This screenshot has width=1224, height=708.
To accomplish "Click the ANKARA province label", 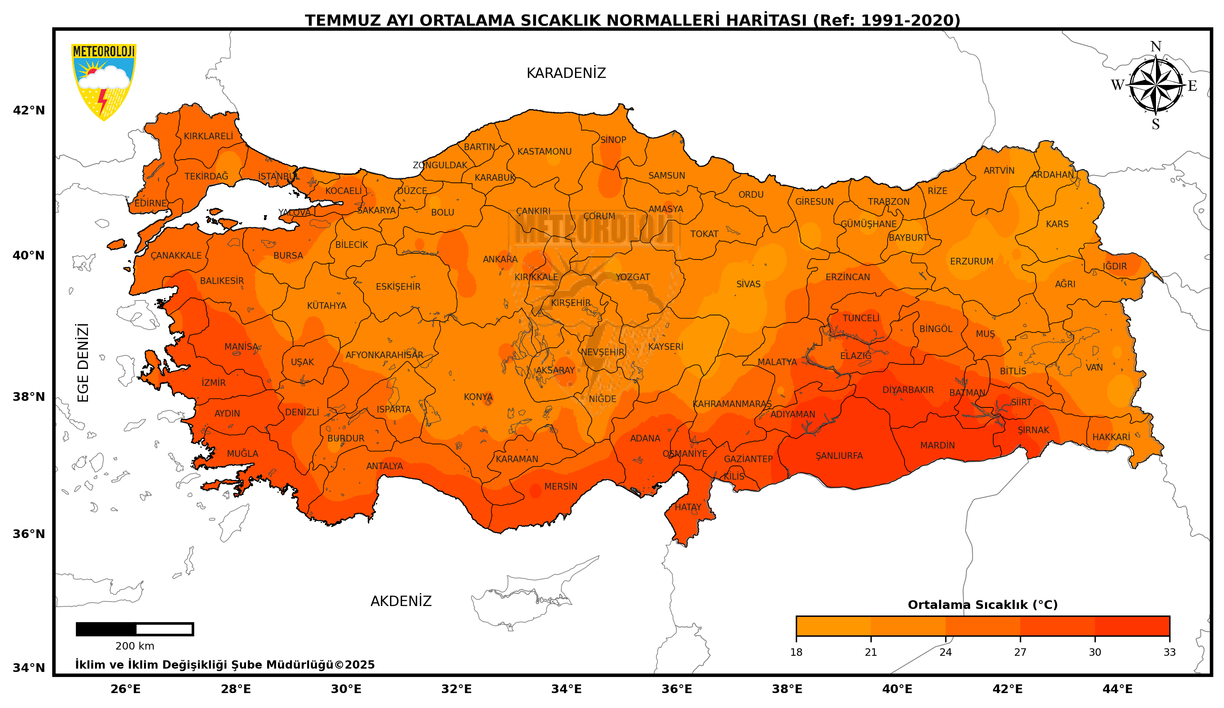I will (x=500, y=259).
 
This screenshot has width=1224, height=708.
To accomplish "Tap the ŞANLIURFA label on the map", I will (x=839, y=456).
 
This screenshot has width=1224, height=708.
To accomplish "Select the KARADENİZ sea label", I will (x=566, y=73).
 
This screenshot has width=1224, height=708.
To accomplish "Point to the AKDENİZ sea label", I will (x=401, y=601).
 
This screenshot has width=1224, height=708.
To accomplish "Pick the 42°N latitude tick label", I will (x=29, y=111).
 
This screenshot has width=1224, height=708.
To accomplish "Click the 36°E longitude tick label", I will (x=677, y=689).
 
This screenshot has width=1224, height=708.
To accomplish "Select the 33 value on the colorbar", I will (x=1169, y=652).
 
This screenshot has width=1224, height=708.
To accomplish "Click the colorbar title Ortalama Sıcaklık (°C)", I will (x=982, y=605).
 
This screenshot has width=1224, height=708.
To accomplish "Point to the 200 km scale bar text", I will (x=134, y=646).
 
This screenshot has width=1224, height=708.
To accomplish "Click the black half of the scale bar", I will (x=106, y=629).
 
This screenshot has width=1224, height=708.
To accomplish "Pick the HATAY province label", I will (x=688, y=507).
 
